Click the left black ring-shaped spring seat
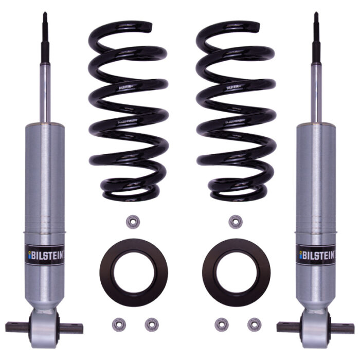coord(128,272)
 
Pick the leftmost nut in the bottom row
coord(117,323)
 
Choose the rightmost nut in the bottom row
coord(253,323)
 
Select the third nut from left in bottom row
coord(221,323)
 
